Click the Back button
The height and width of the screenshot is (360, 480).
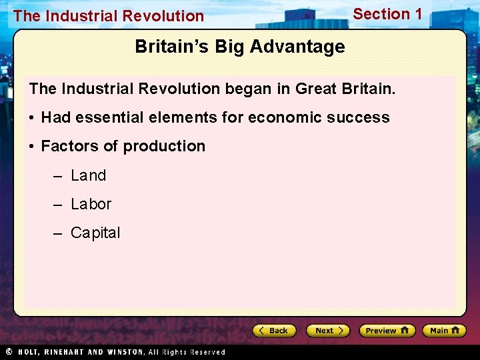click(274, 331)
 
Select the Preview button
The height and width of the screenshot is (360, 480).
click(387, 331)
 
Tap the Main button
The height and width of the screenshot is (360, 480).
click(447, 331)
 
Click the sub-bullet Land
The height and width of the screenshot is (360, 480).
click(89, 175)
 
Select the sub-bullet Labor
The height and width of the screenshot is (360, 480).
click(91, 204)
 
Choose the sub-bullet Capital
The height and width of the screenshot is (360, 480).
click(95, 233)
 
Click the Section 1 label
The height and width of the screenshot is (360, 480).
click(387, 14)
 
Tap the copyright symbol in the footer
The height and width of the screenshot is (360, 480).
click(9, 351)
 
